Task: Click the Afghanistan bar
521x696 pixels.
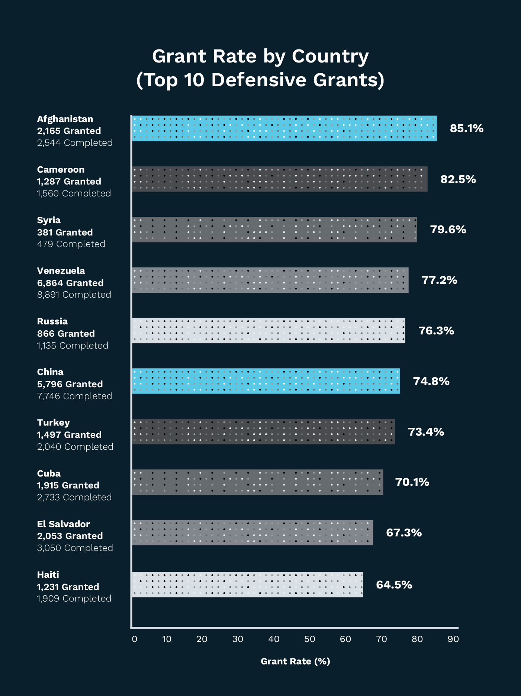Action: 284,128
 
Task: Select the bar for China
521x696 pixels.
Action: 266,381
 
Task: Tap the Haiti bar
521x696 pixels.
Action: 247,584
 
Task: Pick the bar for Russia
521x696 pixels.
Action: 268,330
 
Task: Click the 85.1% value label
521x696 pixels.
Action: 466,128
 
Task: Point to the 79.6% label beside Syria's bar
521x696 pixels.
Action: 448,230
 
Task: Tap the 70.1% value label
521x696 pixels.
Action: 412,482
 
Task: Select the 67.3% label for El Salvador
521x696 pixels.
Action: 404,533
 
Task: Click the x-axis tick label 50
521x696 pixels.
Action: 309,639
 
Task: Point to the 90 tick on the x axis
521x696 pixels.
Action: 453,639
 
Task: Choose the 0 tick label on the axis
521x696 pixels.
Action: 135,639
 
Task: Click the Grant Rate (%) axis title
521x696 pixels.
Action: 295,661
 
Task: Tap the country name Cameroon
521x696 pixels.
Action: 61,170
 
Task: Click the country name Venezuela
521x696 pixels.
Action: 61,271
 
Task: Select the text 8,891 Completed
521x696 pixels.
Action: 74,295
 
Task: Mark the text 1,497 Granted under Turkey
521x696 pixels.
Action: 69,435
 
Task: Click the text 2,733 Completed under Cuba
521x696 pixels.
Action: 74,497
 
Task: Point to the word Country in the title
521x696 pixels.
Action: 330,57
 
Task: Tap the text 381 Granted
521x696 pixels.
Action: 65,232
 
